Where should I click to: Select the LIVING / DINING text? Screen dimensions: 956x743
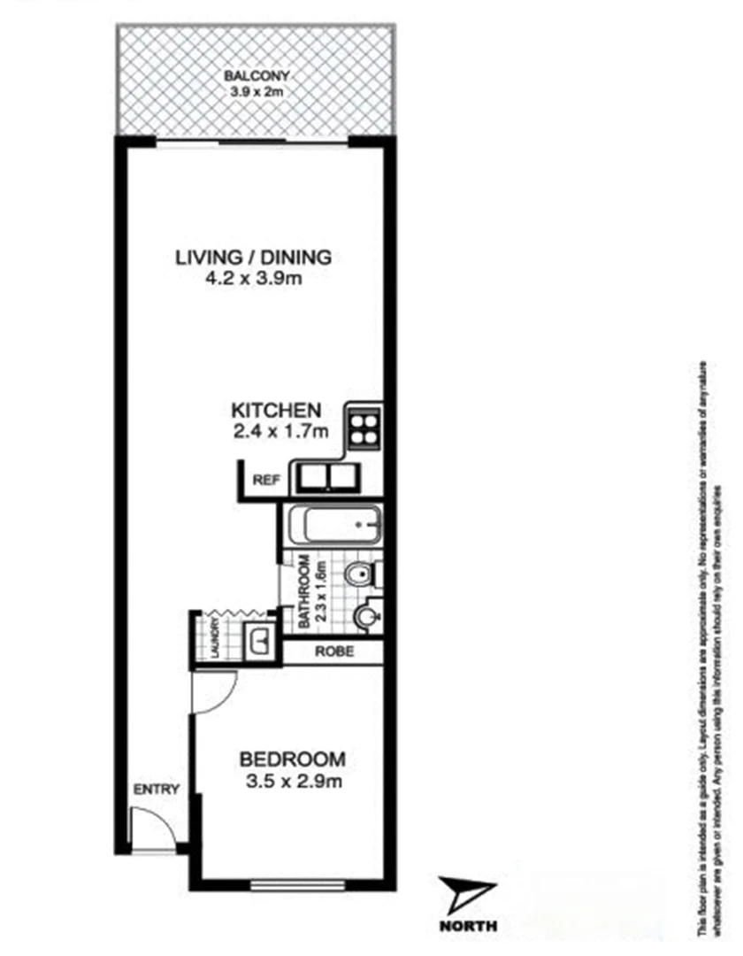tap(253, 258)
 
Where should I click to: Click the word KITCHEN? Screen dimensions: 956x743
tap(275, 411)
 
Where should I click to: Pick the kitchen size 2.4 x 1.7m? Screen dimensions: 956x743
tap(280, 432)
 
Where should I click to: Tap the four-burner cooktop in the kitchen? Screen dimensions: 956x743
tap(363, 429)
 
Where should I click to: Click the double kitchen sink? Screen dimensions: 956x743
tap(324, 478)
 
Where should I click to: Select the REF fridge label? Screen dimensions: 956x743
tap(266, 481)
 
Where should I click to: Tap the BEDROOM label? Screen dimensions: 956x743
tap(292, 759)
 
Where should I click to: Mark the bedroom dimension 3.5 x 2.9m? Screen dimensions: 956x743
tap(292, 782)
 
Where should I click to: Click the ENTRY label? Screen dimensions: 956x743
tap(156, 790)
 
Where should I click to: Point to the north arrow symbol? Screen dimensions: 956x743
tap(468, 896)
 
